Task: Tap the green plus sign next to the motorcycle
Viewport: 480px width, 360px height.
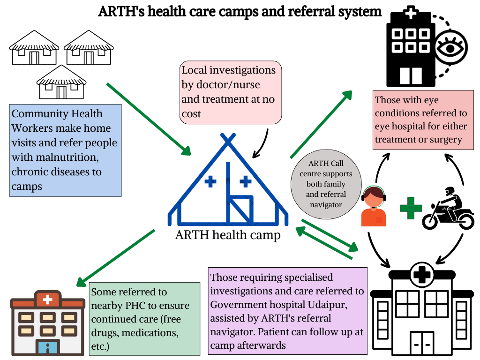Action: [x=411, y=208]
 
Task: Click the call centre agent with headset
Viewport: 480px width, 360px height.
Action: [x=374, y=206]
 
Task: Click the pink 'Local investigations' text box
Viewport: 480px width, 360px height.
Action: [x=231, y=92]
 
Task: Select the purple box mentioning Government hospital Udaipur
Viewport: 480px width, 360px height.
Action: [x=287, y=311]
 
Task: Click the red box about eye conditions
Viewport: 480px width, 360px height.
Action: [x=420, y=120]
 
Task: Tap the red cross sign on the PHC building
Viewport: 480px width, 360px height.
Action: [x=47, y=299]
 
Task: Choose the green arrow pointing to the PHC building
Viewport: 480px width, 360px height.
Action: [x=114, y=258]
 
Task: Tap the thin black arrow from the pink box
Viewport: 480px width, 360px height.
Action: [x=262, y=143]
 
